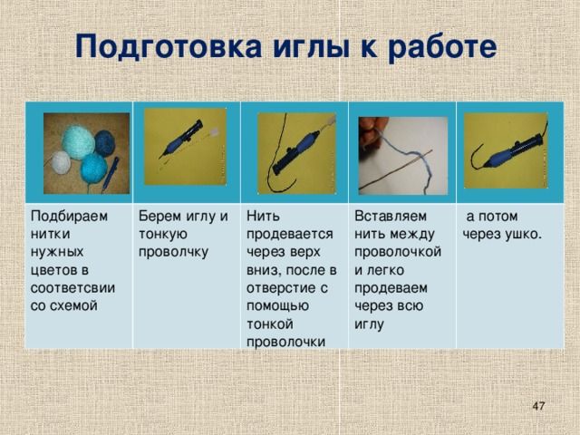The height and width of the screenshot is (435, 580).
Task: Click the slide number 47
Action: [538, 406]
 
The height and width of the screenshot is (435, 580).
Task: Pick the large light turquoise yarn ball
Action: [78, 142]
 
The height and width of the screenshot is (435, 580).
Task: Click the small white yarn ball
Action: [61, 162]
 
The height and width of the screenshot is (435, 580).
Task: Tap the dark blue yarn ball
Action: [105, 143]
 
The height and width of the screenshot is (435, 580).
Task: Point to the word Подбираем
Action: [69, 217]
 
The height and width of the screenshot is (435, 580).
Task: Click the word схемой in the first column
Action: [76, 306]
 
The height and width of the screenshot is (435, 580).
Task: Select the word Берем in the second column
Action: [159, 217]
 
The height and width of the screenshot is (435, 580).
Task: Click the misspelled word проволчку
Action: [173, 252]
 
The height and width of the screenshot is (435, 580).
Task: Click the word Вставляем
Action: [391, 216]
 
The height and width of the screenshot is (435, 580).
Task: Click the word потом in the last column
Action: [498, 217]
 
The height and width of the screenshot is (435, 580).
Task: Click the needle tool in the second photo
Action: [181, 140]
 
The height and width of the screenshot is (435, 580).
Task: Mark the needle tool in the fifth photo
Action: [513, 151]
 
